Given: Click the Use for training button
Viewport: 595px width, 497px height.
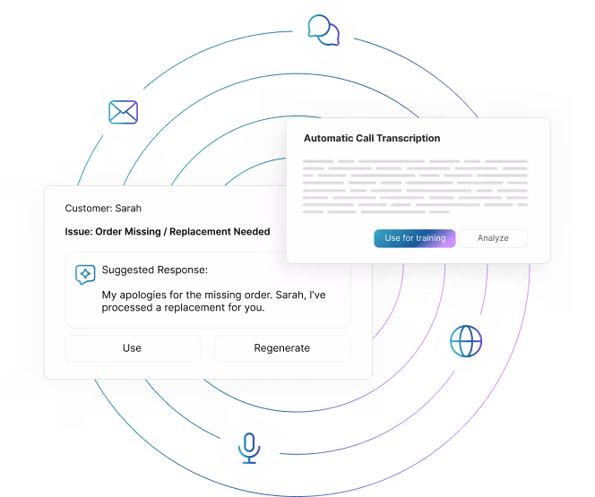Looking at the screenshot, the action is pos(414,238).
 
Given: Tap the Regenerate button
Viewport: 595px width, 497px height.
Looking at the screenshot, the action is pos(282,348).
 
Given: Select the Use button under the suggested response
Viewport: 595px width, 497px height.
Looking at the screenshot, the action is pos(133,348).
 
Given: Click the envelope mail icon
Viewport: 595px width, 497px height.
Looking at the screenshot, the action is pos(124,112).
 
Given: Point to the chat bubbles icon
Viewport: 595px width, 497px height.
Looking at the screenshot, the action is pos(323,30).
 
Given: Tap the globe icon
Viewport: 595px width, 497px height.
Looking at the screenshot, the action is pos(466,341).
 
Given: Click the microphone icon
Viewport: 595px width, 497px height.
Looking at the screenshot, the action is pos(249,448).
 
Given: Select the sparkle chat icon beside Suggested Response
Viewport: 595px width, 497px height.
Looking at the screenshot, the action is pos(85,274).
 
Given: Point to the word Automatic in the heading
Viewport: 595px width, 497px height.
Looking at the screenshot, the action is pos(329,138).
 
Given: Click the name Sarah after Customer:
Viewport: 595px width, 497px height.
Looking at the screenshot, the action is pos(128,208).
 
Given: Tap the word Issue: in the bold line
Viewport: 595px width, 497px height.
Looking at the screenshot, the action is pos(79,232).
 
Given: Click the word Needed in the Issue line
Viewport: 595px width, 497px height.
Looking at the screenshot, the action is pos(252,232).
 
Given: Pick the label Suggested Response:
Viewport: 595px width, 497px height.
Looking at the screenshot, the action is pos(155,270).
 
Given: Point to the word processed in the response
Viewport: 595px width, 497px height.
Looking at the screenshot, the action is pos(127,308).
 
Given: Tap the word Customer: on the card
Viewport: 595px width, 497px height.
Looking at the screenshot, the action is pos(89,208).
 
